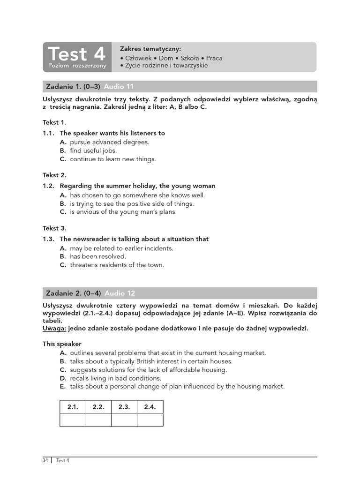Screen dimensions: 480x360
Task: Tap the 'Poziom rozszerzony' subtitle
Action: (77, 66)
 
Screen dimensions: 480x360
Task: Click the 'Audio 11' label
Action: (119, 87)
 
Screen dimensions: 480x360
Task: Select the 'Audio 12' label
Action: (120, 293)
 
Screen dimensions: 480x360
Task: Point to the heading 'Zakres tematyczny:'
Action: (150, 49)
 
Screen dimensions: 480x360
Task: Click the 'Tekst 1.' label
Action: (55, 122)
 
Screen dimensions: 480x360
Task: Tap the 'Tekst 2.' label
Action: (55, 175)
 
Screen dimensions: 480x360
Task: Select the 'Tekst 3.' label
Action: (55, 228)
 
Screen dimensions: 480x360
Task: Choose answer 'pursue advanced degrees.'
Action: (109, 142)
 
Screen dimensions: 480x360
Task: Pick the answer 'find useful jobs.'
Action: (93, 150)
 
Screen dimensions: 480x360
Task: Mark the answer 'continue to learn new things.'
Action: (112, 159)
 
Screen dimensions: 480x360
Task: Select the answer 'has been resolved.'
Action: (98, 256)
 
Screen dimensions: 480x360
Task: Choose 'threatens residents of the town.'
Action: (117, 265)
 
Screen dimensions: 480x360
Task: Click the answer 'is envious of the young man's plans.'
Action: (123, 212)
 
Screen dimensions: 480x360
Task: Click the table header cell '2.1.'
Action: (73, 407)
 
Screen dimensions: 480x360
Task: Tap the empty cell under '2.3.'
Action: (124, 420)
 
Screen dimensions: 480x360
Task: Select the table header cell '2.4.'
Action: (150, 407)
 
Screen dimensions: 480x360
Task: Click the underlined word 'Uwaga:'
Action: (54, 329)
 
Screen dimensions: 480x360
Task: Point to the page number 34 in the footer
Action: (45, 460)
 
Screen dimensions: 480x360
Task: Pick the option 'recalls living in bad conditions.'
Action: (115, 378)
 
